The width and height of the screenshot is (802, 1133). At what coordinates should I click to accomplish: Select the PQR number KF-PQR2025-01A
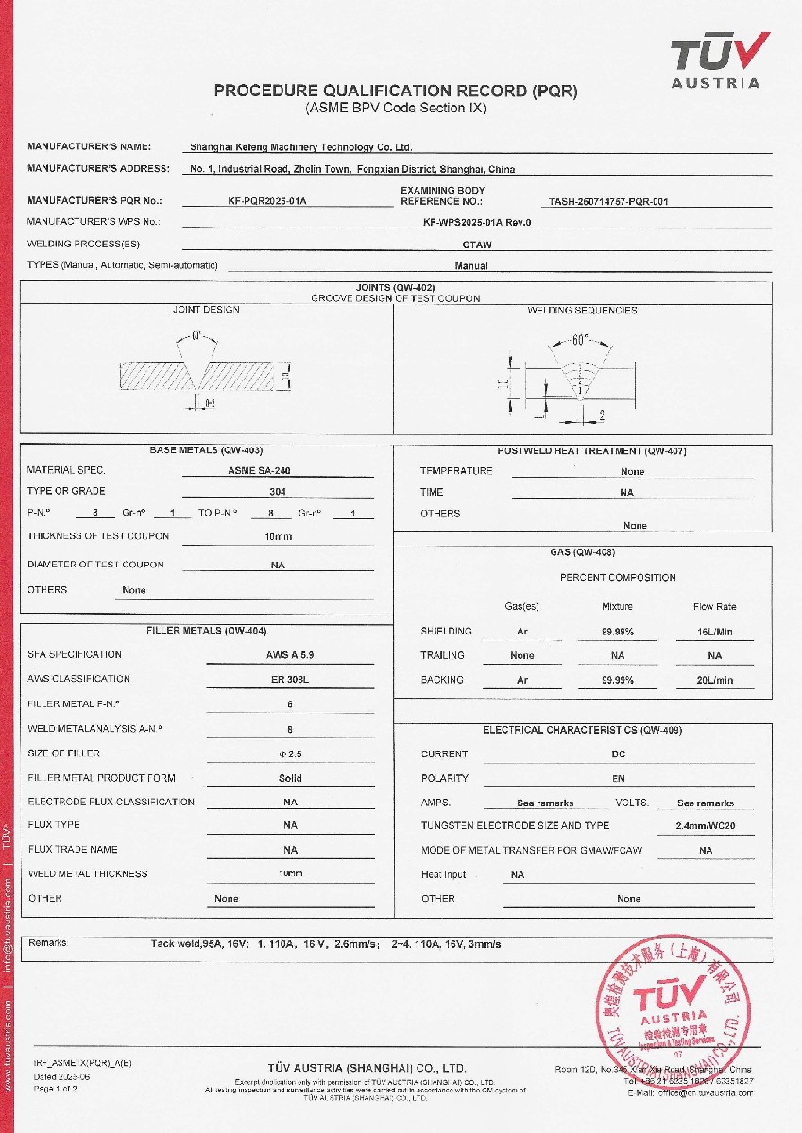click(268, 201)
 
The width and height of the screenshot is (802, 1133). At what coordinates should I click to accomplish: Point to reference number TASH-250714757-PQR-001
click(608, 201)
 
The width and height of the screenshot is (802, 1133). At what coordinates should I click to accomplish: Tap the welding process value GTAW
click(470, 245)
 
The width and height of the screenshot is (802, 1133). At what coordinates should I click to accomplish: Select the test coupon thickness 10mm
click(278, 536)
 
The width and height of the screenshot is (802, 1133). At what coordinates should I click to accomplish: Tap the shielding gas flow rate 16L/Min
click(714, 632)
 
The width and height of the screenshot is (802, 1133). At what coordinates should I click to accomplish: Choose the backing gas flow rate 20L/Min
click(714, 680)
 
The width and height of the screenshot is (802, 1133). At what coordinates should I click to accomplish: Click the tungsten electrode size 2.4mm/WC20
click(705, 825)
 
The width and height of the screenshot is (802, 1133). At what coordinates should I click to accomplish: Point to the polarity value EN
click(619, 779)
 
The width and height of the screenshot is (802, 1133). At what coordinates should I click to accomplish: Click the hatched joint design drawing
click(203, 374)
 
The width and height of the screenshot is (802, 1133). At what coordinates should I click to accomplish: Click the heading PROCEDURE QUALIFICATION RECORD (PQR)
click(395, 91)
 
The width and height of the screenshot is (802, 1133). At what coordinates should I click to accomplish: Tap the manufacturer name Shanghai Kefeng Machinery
click(301, 147)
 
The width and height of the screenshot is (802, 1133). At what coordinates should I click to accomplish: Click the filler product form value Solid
click(290, 779)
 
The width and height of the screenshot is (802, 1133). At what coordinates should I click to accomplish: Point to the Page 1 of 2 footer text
click(56, 1089)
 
